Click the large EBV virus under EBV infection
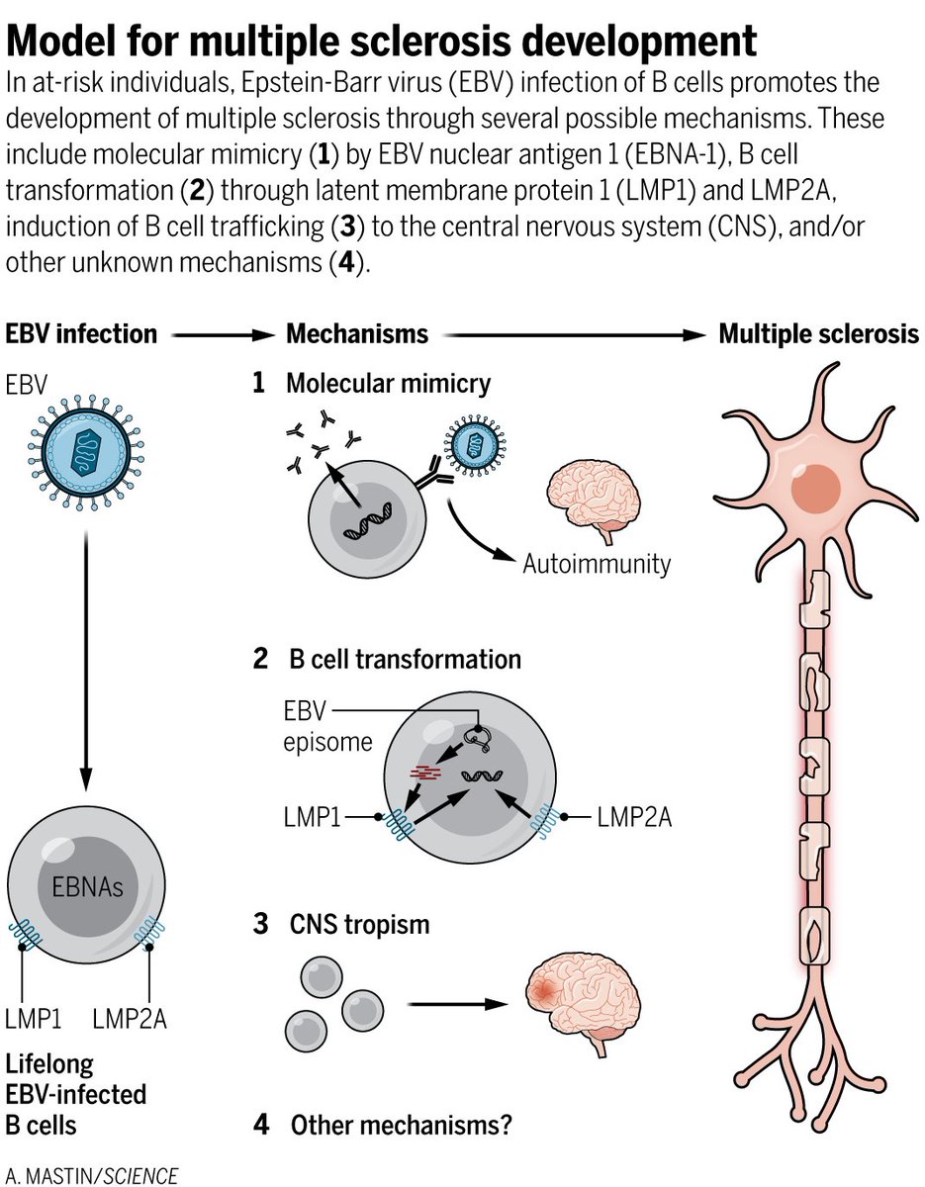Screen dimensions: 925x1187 pyautogui.click(x=86, y=453)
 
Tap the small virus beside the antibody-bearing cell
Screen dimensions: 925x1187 pyautogui.click(x=475, y=444)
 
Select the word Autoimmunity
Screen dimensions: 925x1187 pyautogui.click(x=597, y=564)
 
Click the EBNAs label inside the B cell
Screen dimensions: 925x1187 pyautogui.click(x=87, y=887)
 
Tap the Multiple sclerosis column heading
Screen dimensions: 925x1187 pyautogui.click(x=818, y=334)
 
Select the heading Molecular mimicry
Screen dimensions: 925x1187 pyautogui.click(x=388, y=384)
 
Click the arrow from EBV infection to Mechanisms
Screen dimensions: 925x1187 pyautogui.click(x=222, y=335)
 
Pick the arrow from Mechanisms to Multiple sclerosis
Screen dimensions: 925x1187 pyautogui.click(x=575, y=335)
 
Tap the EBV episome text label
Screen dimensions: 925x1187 pyautogui.click(x=327, y=726)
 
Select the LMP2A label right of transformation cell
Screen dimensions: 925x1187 pyautogui.click(x=634, y=818)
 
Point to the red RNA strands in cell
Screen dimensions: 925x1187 pyautogui.click(x=425, y=772)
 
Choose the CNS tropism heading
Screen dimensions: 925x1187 pyautogui.click(x=359, y=925)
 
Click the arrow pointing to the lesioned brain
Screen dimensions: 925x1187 pyautogui.click(x=458, y=1004)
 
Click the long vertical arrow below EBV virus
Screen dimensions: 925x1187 pyautogui.click(x=86, y=662)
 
